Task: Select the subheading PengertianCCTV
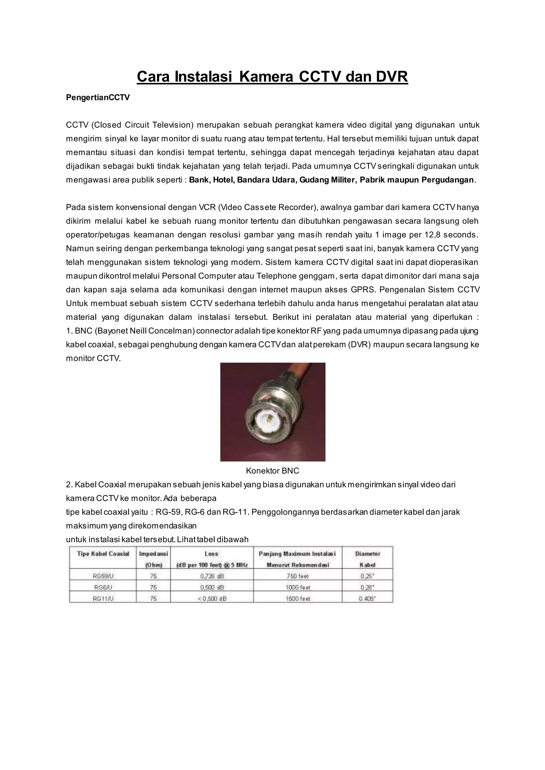pos(98,98)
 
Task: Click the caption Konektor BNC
pos(272,471)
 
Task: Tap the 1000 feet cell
pos(298,588)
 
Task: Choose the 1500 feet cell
pos(298,599)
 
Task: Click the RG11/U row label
pos(103,599)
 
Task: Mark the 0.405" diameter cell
pos(367,599)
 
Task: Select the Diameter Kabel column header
pos(368,559)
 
